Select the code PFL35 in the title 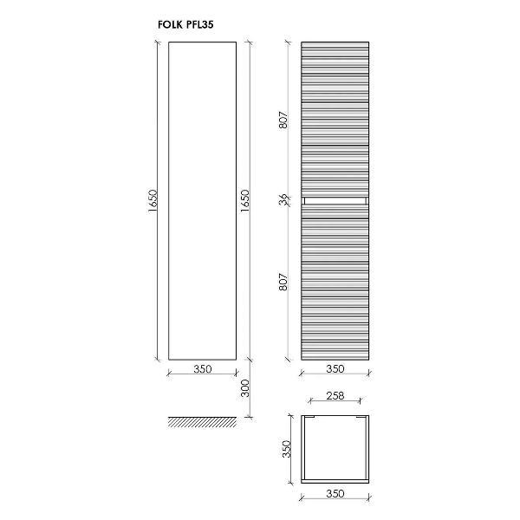pos(199,25)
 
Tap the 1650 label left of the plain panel pos(153,201)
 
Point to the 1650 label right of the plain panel pos(244,201)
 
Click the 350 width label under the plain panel pos(202,369)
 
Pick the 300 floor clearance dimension pos(244,388)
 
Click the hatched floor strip pos(202,422)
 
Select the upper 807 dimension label pos(283,120)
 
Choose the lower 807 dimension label pos(283,282)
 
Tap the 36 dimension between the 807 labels pos(283,200)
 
